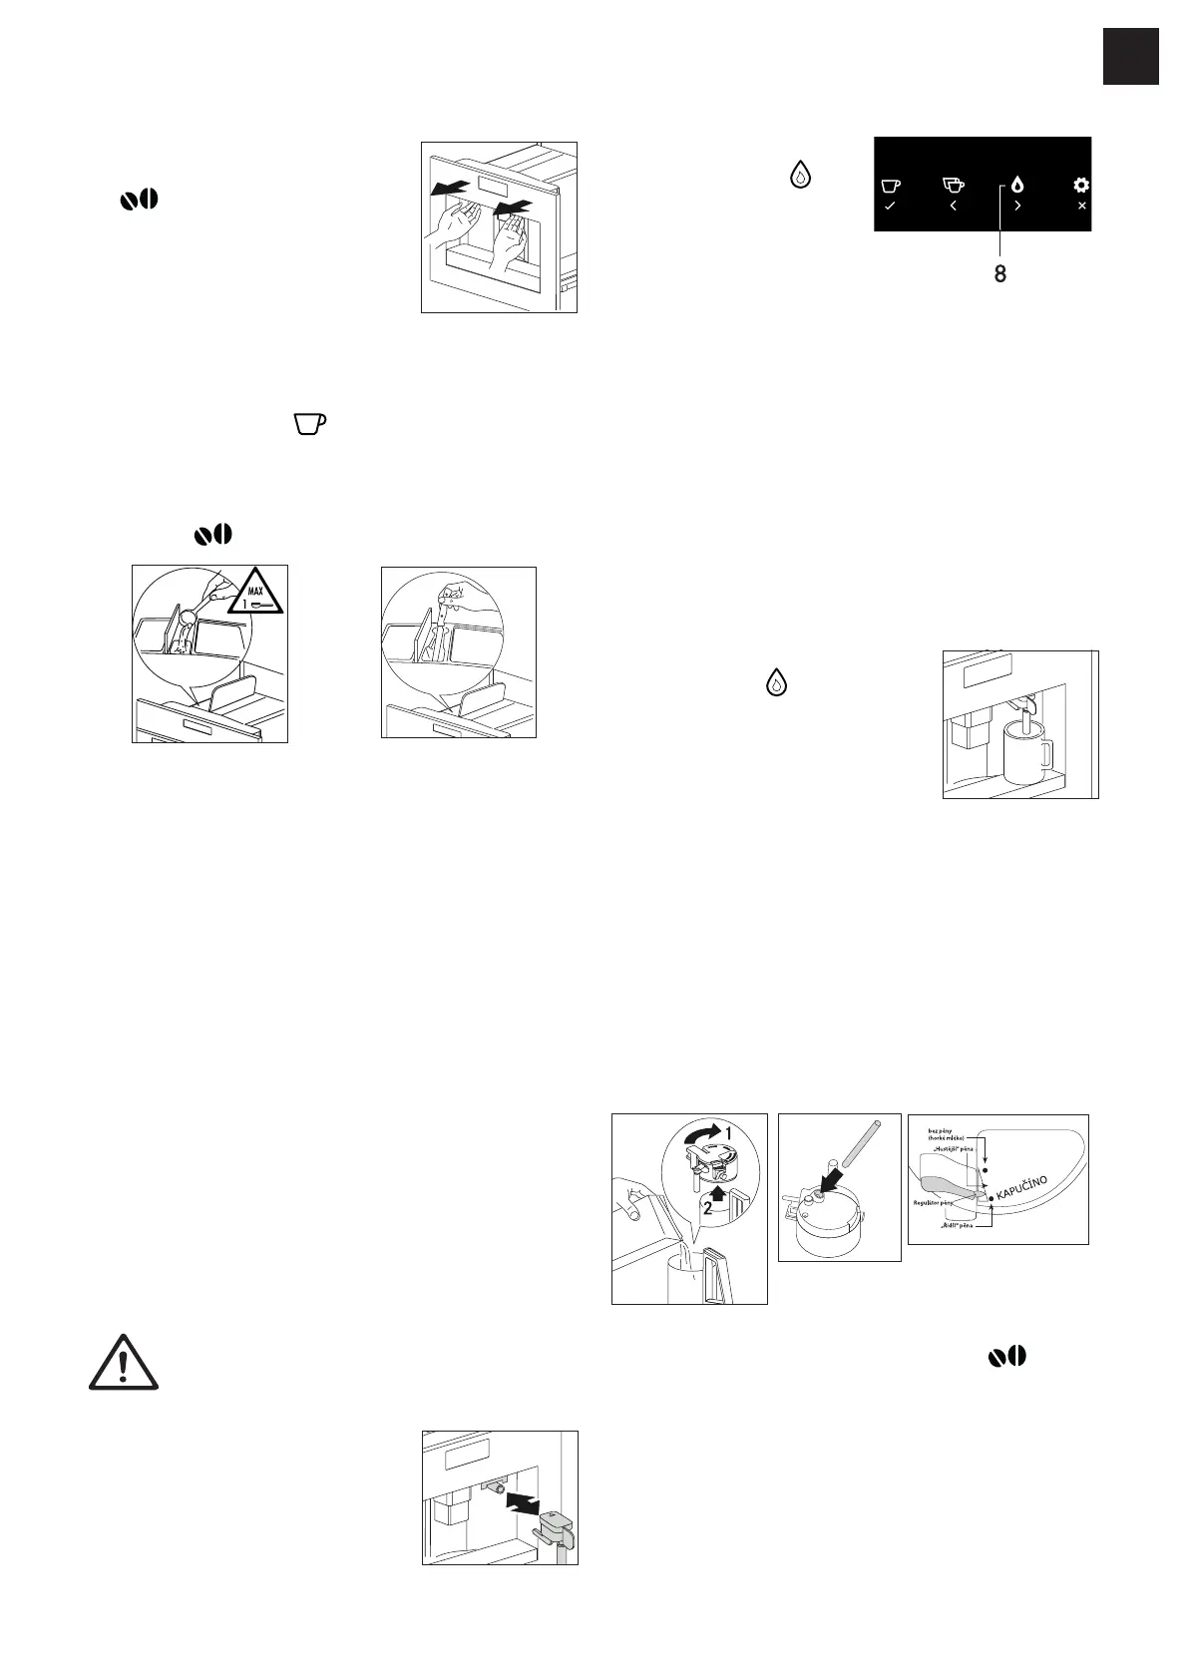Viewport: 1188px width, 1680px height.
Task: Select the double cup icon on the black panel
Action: tap(954, 185)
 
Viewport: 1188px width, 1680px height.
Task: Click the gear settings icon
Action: tap(1081, 185)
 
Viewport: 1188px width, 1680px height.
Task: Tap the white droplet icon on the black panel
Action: tap(1017, 185)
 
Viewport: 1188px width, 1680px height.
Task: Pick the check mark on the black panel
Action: tap(890, 206)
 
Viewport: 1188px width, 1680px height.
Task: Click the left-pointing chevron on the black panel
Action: tap(954, 206)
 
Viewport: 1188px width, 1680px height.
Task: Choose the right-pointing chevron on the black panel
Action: tap(1017, 206)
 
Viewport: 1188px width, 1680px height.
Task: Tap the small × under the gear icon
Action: tap(1082, 206)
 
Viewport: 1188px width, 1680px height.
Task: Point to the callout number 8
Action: tap(999, 274)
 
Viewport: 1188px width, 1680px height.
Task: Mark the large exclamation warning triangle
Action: tap(124, 1363)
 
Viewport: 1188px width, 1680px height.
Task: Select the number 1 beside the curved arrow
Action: tap(727, 1134)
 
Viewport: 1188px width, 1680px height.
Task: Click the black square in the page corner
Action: tap(1131, 57)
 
